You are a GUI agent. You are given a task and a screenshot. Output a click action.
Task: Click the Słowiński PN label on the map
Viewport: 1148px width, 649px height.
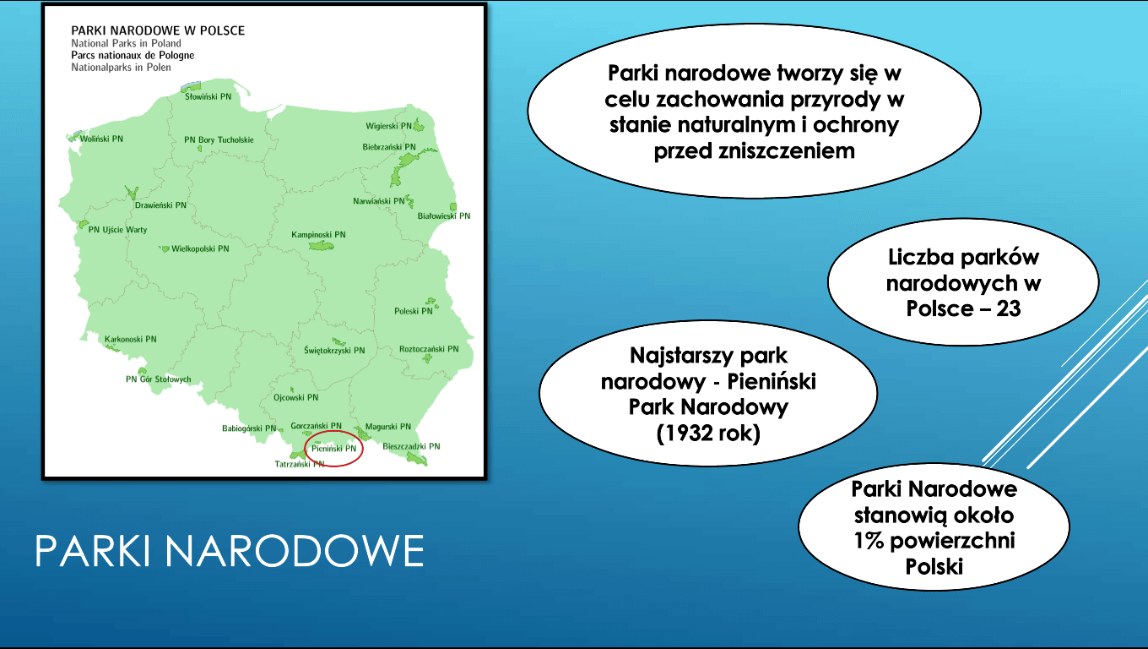(208, 96)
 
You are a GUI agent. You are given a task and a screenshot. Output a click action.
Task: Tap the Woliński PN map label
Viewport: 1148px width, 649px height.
(101, 139)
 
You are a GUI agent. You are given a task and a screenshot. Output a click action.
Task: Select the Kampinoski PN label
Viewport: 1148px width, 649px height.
(318, 234)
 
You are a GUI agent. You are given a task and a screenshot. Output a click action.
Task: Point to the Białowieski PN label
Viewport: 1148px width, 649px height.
(444, 216)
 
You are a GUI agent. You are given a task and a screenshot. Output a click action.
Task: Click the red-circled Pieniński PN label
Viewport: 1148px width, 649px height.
(333, 449)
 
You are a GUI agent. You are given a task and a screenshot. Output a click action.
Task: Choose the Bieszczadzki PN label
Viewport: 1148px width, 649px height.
(411, 446)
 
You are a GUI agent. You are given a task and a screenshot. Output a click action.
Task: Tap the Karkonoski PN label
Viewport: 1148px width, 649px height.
(131, 339)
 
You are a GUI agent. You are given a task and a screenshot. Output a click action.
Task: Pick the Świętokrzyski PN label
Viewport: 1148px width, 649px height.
(334, 351)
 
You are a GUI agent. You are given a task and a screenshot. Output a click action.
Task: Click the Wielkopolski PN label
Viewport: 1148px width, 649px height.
(200, 248)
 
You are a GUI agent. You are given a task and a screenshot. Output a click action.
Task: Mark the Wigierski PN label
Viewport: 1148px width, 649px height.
(388, 126)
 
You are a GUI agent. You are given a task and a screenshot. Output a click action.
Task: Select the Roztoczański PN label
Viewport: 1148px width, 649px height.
(429, 349)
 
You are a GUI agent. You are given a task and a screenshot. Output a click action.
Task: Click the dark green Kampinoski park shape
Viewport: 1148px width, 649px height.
(322, 246)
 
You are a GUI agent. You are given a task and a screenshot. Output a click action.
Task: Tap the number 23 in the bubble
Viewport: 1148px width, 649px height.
(1009, 308)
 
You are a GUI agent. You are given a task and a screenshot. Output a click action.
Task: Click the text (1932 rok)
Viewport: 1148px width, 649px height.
(708, 433)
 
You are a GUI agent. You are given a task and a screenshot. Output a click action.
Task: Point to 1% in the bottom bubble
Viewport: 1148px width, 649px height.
(869, 541)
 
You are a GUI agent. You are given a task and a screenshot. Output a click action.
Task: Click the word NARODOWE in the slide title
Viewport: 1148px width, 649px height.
(294, 551)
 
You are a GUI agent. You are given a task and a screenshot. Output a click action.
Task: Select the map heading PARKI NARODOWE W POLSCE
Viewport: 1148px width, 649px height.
(158, 30)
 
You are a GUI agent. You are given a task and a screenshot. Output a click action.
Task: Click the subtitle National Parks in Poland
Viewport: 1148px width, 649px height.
(126, 44)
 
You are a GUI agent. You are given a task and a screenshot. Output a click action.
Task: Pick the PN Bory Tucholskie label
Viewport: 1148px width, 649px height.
(219, 139)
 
